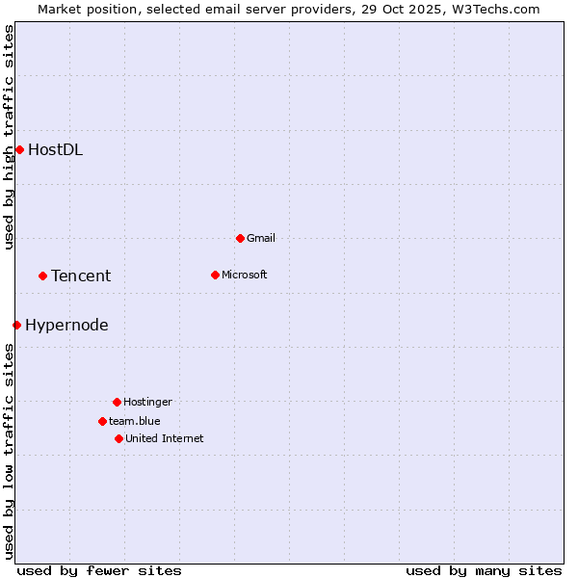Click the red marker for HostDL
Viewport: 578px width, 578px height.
19,149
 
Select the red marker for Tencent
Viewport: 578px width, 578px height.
42,276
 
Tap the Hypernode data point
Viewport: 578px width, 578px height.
16,325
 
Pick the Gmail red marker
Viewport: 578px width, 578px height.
240,238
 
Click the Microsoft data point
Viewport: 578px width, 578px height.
215,275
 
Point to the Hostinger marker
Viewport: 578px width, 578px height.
117,402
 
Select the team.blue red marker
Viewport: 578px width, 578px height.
102,421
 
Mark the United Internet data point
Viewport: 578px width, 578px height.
118,438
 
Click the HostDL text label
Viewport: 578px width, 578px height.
55,149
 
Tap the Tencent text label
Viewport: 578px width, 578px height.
81,276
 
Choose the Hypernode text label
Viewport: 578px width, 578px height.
66,325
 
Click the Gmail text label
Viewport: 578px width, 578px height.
261,238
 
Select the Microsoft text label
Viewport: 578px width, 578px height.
245,275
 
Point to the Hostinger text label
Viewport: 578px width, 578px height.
147,402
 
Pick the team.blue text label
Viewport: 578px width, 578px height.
135,421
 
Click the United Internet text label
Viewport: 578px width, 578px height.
165,438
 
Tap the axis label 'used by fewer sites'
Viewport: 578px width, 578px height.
99,570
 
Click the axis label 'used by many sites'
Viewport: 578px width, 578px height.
484,570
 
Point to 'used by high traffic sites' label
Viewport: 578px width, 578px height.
9,138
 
